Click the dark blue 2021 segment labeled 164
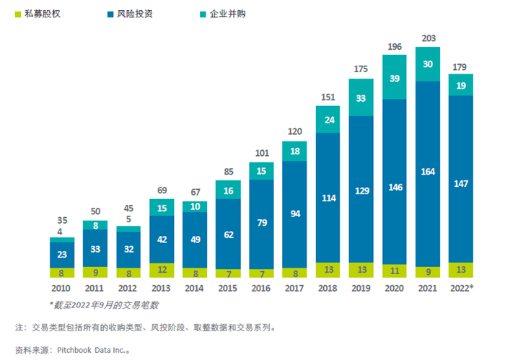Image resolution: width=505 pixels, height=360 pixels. (x=429, y=172)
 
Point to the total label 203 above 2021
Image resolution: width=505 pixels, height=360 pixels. (x=429, y=38)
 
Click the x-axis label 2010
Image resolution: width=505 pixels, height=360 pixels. (x=62, y=286)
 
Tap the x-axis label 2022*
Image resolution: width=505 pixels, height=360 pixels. (x=462, y=286)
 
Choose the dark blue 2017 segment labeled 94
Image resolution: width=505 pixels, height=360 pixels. (x=295, y=214)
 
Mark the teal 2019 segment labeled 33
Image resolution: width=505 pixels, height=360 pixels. (x=361, y=97)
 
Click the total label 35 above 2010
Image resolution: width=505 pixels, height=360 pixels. (x=62, y=220)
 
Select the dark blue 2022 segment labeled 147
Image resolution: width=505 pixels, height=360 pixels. (x=461, y=184)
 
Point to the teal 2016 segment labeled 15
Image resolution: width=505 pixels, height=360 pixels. (x=262, y=171)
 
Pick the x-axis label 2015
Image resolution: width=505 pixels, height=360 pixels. (x=229, y=286)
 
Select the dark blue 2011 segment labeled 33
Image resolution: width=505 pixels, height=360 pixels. (x=95, y=248)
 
